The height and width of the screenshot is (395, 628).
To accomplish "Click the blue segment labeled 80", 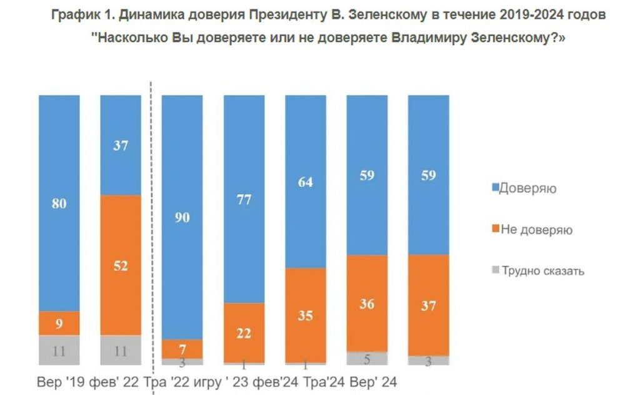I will click(59, 203).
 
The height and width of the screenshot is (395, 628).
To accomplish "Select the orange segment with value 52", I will click(121, 265).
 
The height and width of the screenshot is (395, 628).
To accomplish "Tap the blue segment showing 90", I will click(182, 217).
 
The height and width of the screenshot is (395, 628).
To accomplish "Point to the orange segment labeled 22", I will click(244, 332).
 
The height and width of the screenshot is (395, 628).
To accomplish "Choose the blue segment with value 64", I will click(306, 182).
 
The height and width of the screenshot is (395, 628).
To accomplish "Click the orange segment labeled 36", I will click(367, 303).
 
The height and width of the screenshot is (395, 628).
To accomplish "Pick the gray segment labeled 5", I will click(367, 359).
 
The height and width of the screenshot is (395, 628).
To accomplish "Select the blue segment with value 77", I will click(244, 199).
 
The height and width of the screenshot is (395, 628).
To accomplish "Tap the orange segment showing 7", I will click(182, 349).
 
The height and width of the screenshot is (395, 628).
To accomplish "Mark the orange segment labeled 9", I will click(59, 324).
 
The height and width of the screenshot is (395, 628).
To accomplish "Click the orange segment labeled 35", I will click(306, 315).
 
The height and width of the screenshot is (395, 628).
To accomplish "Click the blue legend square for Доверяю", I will click(496, 188).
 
